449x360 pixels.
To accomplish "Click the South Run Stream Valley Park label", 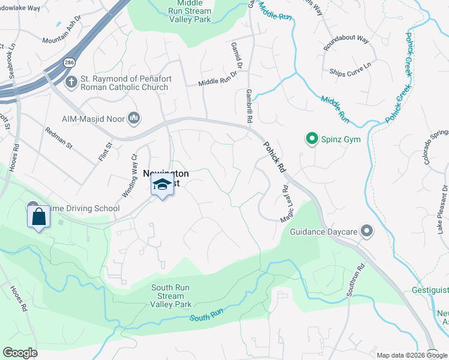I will click(170, 296).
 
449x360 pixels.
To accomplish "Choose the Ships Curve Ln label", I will click(351, 72).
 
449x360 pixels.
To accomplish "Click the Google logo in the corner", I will click(20, 353).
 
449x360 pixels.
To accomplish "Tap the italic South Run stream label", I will click(207, 316).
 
